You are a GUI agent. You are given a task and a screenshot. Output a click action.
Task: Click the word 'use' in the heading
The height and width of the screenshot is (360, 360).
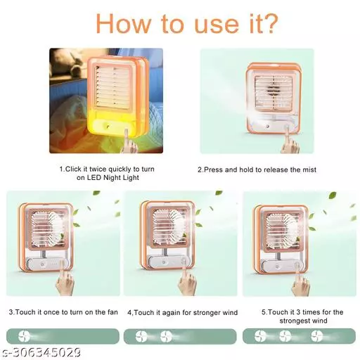[x=217, y=26]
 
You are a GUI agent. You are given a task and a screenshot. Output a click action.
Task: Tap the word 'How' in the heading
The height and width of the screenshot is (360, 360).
[x=124, y=23]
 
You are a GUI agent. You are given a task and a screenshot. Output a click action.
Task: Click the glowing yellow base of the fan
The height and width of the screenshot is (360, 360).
[x=112, y=124]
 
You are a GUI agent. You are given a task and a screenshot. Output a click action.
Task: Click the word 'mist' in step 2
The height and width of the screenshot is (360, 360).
[x=309, y=169]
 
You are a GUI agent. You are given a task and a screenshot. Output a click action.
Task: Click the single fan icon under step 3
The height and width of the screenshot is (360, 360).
[x=24, y=336]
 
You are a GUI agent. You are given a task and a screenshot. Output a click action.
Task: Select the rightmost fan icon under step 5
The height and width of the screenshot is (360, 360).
[x=316, y=336]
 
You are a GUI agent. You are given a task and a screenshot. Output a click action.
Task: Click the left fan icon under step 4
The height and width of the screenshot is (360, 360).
[x=141, y=336]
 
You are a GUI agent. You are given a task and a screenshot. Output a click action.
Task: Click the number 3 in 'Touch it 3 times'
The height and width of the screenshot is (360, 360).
[x=298, y=312]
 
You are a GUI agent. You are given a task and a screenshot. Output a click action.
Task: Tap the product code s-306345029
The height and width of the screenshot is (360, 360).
[x=41, y=352]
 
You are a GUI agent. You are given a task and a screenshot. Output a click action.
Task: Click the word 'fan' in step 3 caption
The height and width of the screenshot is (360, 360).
[x=112, y=312]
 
